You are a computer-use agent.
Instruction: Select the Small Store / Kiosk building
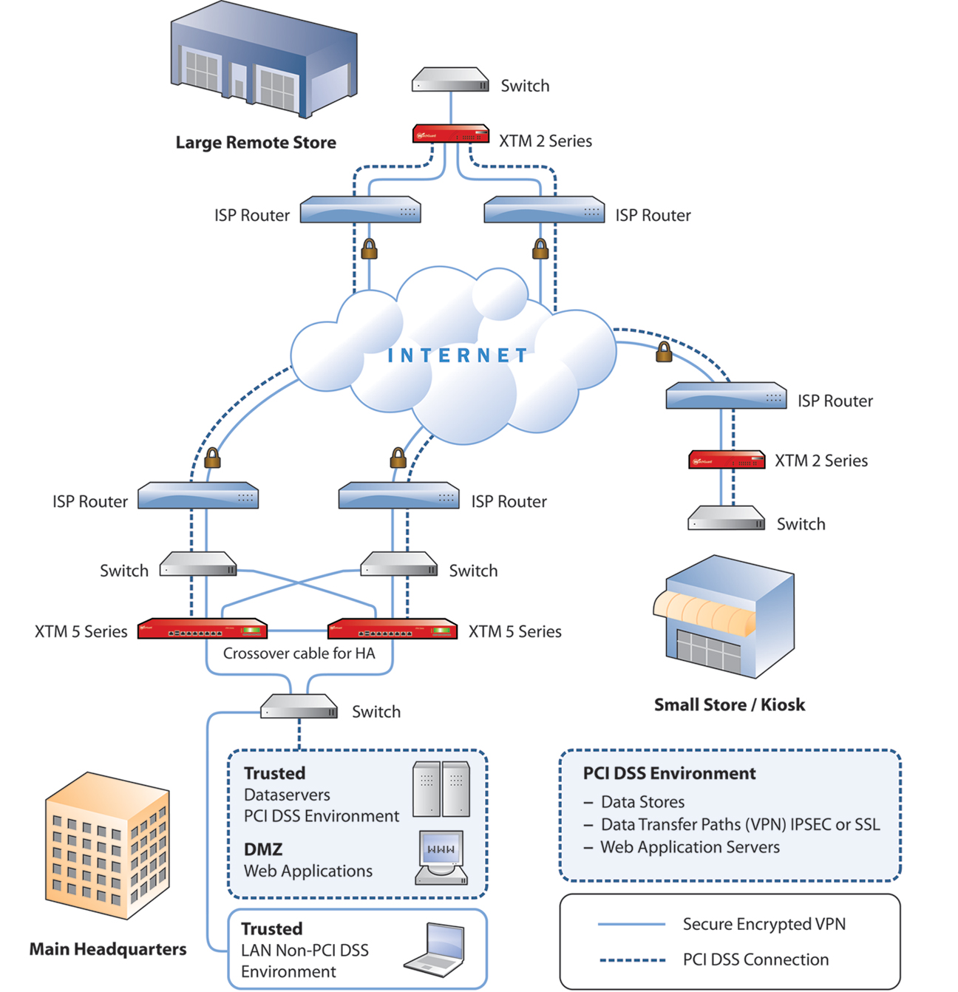tap(724, 617)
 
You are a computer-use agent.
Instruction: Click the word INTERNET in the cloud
tap(458, 356)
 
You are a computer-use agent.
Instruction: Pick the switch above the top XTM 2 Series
tap(450, 80)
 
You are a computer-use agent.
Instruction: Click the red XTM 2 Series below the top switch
tap(450, 135)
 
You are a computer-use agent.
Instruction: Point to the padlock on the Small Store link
tap(664, 352)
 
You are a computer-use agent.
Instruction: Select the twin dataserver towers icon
tap(441, 789)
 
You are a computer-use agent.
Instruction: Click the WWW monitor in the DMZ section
tap(441, 857)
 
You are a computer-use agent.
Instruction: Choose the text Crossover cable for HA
tap(299, 653)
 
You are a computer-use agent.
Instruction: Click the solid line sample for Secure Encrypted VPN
tap(631, 924)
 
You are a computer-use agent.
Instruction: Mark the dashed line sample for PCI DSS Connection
tap(631, 960)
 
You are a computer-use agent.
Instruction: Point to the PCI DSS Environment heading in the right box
tap(669, 774)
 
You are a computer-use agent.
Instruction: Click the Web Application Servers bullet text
tap(690, 847)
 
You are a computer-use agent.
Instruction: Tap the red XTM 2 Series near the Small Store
tap(727, 460)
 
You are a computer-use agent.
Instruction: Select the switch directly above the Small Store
tap(726, 519)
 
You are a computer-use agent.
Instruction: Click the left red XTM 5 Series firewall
tap(202, 629)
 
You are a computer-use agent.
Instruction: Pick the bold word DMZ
tap(263, 849)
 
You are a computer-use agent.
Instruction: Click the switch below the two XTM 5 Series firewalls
tap(299, 707)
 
